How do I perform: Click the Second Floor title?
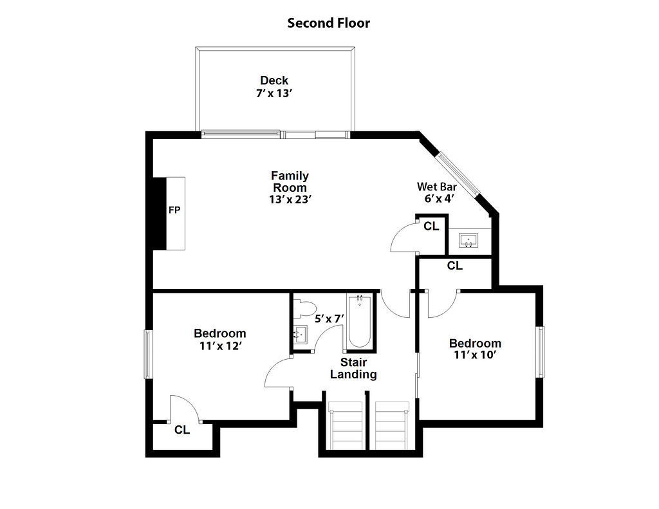point(328,23)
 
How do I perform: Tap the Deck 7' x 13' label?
point(274,86)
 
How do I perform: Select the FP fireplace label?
point(174,210)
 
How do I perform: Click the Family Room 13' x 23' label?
point(290,187)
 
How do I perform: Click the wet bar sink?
point(469,241)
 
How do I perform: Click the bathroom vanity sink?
point(300,334)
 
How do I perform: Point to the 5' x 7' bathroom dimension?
point(329,318)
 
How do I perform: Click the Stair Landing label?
point(353,368)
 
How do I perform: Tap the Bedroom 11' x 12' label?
point(219,339)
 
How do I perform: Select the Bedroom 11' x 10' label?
point(475,349)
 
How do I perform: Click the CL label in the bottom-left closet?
point(182,430)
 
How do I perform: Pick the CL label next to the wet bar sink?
point(431,226)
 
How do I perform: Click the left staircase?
point(345,425)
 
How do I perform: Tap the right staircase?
point(391,425)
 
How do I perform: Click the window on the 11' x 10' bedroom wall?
point(541,352)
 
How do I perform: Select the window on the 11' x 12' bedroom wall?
point(148,354)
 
